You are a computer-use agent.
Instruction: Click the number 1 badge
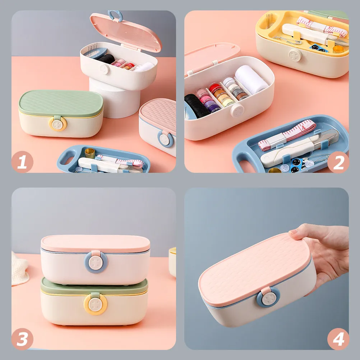pos(22,162)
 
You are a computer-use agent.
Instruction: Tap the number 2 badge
pos(338,162)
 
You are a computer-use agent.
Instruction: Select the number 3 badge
pos(22,339)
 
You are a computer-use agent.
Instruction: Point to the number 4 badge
pos(338,339)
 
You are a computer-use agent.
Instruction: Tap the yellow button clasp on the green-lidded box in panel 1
pos(57,124)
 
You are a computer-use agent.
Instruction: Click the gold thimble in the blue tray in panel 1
pos(90,153)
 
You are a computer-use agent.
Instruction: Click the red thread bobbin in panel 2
pos(214,87)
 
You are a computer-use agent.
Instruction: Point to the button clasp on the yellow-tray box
pos(295,55)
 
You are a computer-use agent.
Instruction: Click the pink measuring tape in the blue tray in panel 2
pos(287,135)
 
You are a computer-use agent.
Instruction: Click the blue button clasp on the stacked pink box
pos(96,262)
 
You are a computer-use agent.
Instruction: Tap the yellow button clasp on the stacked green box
pos(95,304)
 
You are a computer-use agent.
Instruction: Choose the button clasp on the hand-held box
pos(268,298)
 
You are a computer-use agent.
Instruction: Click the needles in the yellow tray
pos(269,21)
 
